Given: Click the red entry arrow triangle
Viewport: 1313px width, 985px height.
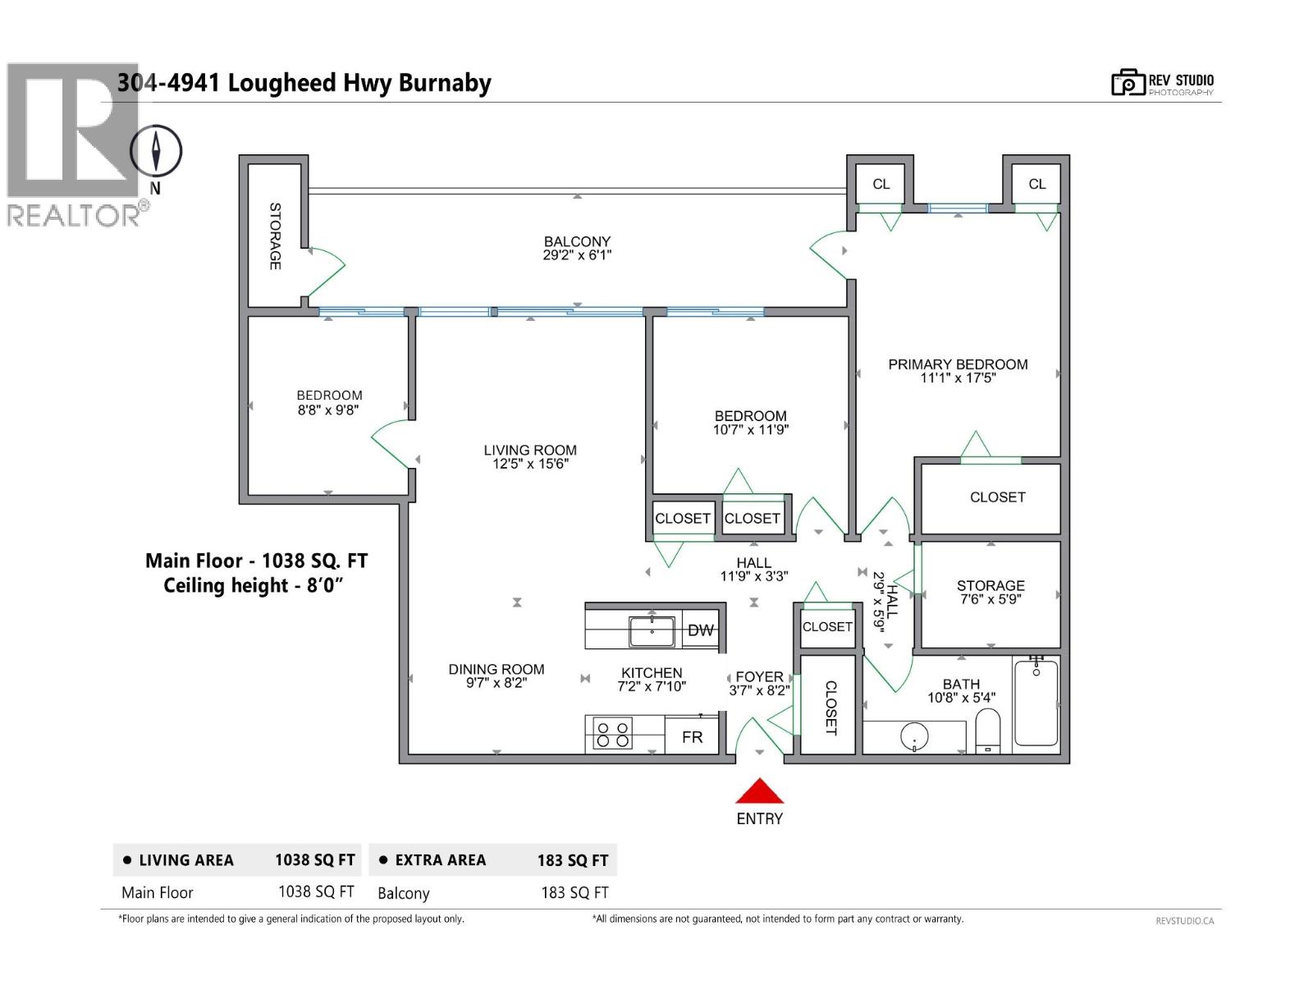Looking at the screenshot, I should pyautogui.click(x=759, y=792).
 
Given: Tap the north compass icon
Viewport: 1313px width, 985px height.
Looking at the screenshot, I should pyautogui.click(x=156, y=151).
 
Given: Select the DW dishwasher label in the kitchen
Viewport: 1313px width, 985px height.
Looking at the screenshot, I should pyautogui.click(x=700, y=630).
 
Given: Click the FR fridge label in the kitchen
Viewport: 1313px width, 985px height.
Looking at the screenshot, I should pyautogui.click(x=692, y=737).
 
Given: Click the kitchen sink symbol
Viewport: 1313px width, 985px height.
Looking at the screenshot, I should pyautogui.click(x=652, y=632).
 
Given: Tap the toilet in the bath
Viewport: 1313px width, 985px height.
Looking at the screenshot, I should pyautogui.click(x=988, y=731).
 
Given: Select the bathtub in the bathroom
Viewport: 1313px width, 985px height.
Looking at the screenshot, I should pyautogui.click(x=1036, y=703).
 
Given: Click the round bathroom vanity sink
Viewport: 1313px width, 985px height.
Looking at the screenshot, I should pyautogui.click(x=913, y=736).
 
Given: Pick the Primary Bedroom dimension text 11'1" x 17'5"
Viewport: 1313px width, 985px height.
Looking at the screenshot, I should pyautogui.click(x=957, y=378).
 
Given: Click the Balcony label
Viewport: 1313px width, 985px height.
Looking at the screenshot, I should pyautogui.click(x=577, y=241).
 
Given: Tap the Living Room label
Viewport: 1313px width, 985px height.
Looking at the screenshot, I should pyautogui.click(x=529, y=450).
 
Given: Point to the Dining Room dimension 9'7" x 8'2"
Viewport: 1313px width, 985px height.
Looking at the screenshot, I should pyautogui.click(x=496, y=683).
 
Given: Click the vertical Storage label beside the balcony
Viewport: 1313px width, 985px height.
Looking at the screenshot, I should pyautogui.click(x=275, y=236).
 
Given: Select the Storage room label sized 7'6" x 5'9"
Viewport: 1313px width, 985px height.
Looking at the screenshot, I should pyautogui.click(x=990, y=585).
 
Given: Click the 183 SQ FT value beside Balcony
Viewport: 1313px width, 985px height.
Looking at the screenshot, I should pyautogui.click(x=574, y=893).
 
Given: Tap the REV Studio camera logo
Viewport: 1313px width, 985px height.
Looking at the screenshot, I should pyautogui.click(x=1128, y=83).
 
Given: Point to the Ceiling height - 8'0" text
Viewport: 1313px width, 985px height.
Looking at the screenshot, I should pyautogui.click(x=253, y=586).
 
